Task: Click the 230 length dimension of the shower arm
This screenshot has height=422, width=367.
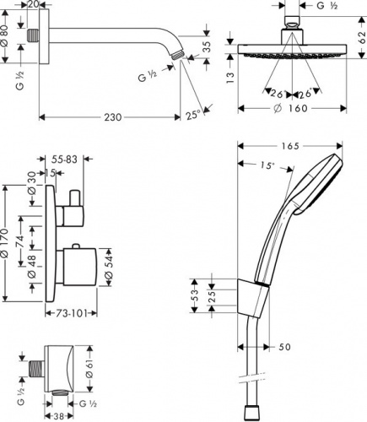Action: pyautogui.click(x=113, y=117)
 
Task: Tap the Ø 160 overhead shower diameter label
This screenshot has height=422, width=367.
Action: pyautogui.click(x=291, y=108)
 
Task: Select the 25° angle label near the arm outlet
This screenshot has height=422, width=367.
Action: pyautogui.click(x=193, y=115)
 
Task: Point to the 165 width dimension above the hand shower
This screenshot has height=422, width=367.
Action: pyautogui.click(x=290, y=146)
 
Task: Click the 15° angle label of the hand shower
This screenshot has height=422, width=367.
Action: pyautogui.click(x=267, y=165)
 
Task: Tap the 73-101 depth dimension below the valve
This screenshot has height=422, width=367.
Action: pyautogui.click(x=71, y=313)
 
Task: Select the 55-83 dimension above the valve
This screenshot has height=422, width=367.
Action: pyautogui.click(x=64, y=160)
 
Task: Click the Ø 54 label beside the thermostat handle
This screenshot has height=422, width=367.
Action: pyautogui.click(x=109, y=267)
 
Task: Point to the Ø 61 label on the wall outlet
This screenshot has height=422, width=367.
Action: pyautogui.click(x=89, y=368)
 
